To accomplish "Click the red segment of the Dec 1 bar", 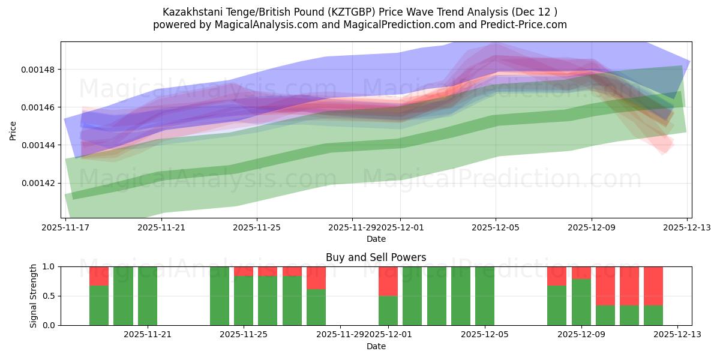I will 388,281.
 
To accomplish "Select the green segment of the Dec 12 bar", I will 653,315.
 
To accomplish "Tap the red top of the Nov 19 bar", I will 99,276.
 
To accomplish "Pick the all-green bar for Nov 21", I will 148,296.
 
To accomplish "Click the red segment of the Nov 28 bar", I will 316,278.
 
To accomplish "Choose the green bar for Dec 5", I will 485,296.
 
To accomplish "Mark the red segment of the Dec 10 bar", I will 605,286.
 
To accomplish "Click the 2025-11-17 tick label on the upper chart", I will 65,227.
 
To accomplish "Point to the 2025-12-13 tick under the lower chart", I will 677,335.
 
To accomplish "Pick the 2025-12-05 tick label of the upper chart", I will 496,227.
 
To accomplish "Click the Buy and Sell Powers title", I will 376,257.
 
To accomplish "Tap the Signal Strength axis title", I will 34,296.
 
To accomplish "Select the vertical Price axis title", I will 13,130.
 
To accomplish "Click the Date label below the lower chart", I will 376,346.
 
